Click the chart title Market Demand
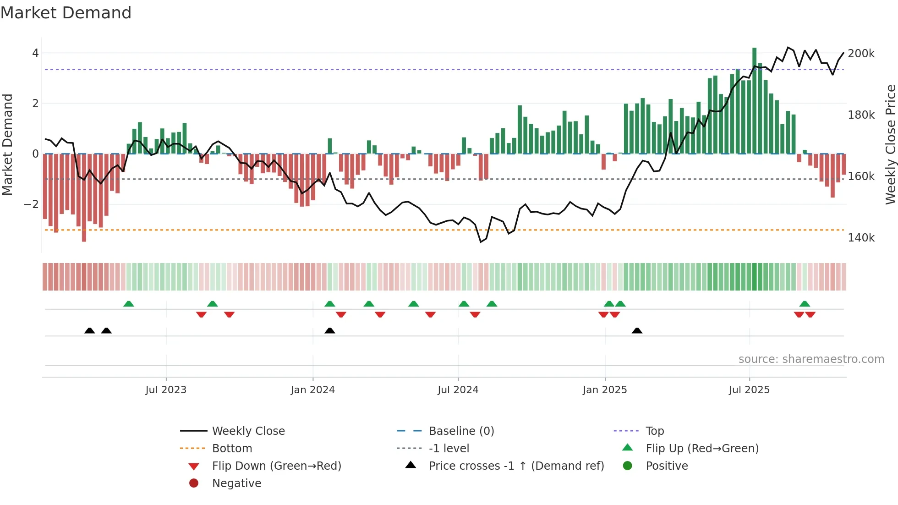point(66,13)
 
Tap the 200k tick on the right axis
point(861,54)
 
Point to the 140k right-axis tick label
point(861,238)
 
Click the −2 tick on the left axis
point(31,204)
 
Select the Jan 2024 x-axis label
point(312,390)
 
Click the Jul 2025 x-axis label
point(749,390)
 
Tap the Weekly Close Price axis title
point(890,144)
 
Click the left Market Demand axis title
point(7,144)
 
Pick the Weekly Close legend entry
point(248,431)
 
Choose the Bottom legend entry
point(232,449)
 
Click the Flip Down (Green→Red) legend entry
point(276,466)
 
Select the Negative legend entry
point(236,483)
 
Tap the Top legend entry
point(654,431)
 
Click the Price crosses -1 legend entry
point(516,466)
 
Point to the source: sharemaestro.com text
point(811,359)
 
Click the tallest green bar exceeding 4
point(754,101)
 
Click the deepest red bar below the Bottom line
point(84,197)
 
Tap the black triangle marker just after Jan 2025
point(637,330)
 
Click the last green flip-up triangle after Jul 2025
point(805,304)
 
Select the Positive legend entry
point(666,466)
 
